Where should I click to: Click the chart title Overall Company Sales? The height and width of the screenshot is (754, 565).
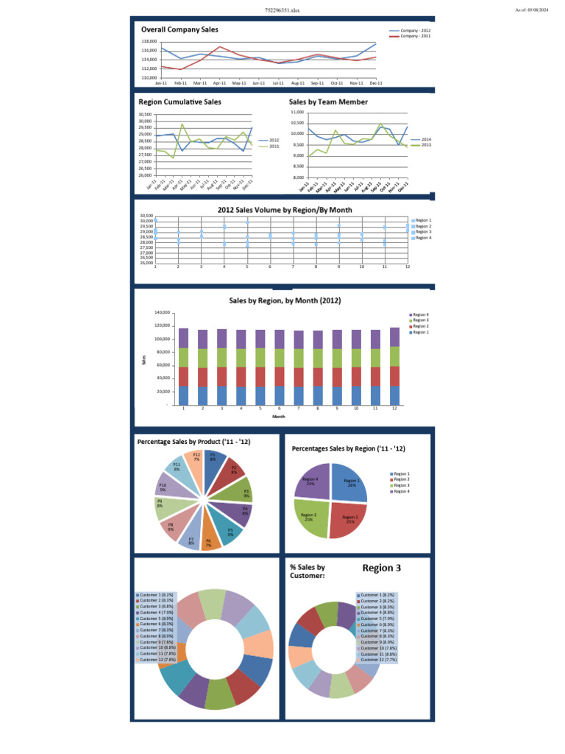(180, 29)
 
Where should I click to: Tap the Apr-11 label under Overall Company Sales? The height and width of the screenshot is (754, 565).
(219, 83)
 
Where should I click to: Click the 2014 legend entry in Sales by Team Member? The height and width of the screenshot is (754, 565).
(426, 139)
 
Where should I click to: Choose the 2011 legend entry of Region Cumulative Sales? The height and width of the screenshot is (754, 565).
(274, 146)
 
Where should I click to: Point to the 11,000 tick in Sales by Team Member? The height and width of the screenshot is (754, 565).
(296, 111)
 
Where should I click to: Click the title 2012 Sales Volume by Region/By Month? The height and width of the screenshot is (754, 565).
(285, 210)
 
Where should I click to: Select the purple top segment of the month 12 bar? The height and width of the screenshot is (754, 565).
(395, 337)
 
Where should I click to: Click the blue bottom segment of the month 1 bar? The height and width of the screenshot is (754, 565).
(183, 395)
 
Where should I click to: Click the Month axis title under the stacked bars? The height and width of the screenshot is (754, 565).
(279, 417)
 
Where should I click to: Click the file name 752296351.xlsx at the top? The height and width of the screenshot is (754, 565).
(282, 10)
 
